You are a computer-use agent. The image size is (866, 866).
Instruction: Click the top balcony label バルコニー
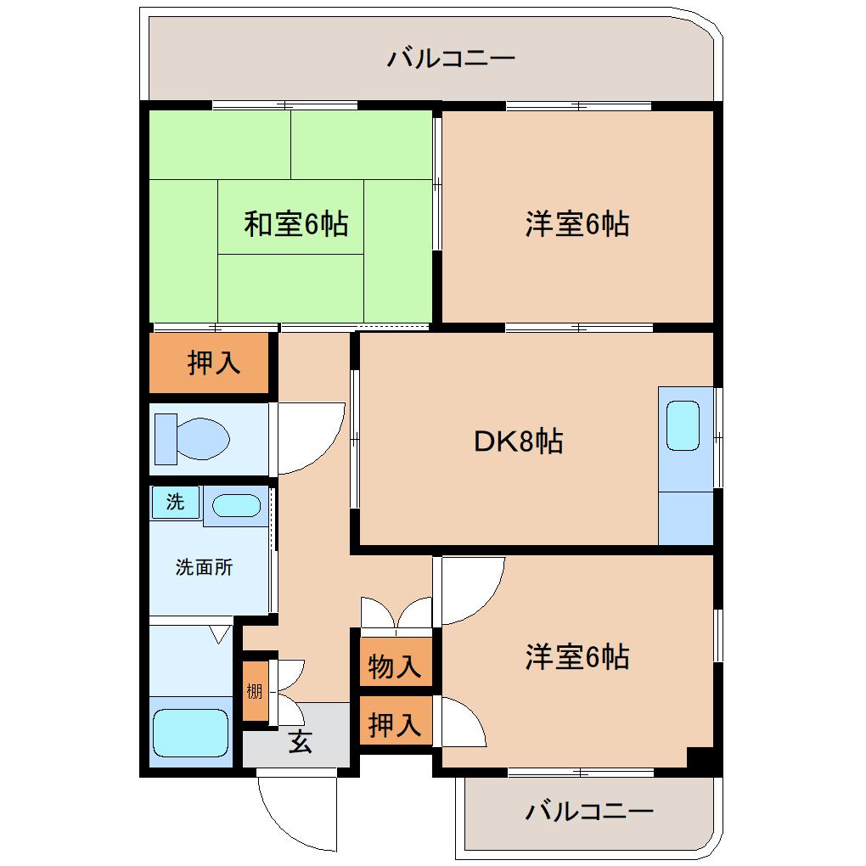point(452,59)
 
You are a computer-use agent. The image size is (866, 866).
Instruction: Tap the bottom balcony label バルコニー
point(588,812)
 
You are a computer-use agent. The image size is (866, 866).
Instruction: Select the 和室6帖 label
point(295,224)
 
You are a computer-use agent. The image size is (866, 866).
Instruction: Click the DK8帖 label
point(518,441)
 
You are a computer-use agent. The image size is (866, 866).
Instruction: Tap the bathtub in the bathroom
point(190,733)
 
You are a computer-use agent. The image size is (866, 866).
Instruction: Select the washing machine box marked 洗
point(175,502)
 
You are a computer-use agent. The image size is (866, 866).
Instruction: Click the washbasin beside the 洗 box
point(236,506)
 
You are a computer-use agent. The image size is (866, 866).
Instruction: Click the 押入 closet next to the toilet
point(213,363)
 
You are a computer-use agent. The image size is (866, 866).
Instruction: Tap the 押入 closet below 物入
point(395,725)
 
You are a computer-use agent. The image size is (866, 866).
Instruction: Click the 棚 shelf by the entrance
point(255,690)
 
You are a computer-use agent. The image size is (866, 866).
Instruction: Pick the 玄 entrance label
point(301,741)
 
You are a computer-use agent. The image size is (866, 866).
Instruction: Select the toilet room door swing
point(310,437)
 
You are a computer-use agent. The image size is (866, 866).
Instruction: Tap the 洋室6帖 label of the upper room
point(576,224)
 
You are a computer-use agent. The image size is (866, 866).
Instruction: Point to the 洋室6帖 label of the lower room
point(576,657)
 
